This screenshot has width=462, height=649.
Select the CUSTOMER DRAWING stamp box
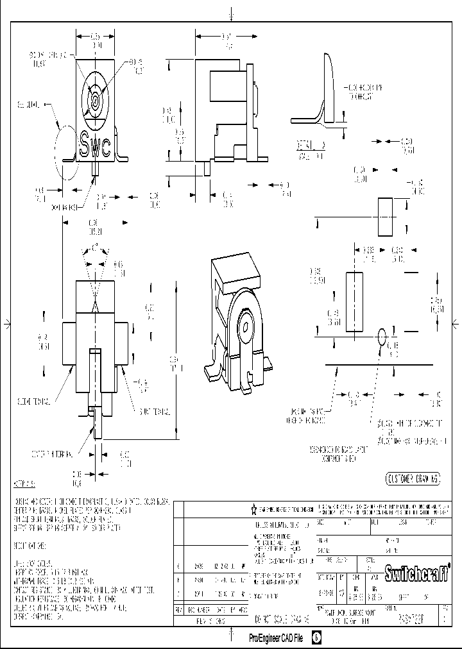[413, 478]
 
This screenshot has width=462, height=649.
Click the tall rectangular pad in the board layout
[354, 301]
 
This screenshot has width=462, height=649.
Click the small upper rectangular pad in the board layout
[384, 217]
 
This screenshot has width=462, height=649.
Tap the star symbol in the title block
[254, 509]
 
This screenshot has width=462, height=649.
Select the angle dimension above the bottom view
[95, 247]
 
